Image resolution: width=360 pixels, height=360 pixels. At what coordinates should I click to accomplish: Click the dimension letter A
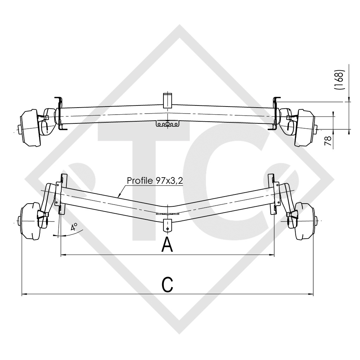tap(167, 245)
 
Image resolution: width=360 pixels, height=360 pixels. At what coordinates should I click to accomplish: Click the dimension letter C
tap(168, 284)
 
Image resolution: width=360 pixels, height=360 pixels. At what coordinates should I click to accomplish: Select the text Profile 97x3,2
tap(154, 181)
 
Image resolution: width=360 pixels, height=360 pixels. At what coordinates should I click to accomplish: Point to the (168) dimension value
tap(340, 80)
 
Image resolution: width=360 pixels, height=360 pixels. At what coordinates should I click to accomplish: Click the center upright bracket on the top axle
tap(168, 100)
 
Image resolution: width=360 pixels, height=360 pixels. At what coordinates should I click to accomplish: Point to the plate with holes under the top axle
tap(168, 124)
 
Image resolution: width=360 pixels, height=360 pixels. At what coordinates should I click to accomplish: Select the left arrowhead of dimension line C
tap(23, 294)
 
